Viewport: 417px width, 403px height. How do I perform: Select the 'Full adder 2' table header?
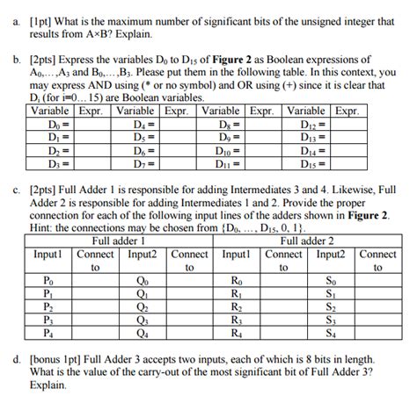pos(305,240)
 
